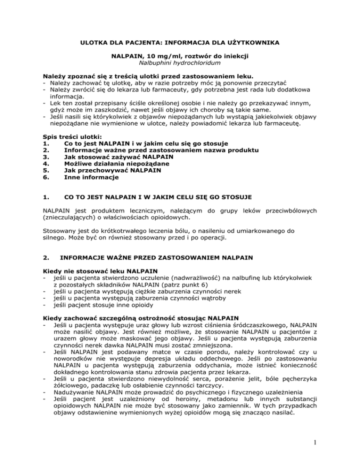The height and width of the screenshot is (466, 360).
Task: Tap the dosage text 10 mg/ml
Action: point(159,56)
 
